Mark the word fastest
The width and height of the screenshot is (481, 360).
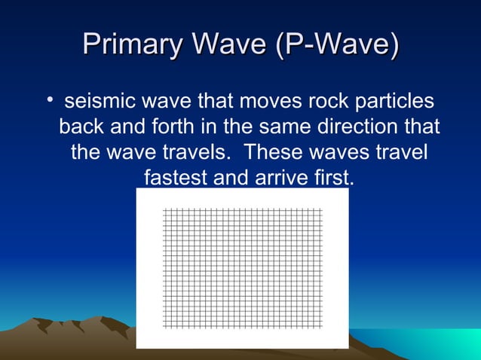pyautogui.click(x=176, y=178)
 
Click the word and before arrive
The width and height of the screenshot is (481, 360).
pyautogui.click(x=231, y=178)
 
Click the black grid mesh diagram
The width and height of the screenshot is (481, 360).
pyautogui.click(x=242, y=267)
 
